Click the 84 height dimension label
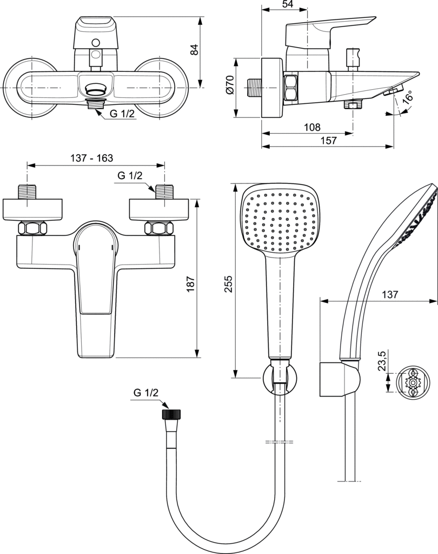point(194,49)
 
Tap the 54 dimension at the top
point(288,4)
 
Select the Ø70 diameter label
point(230,85)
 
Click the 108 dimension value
point(312,127)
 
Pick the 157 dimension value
point(328,140)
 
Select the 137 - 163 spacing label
point(92,158)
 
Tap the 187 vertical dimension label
point(190,284)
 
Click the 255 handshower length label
point(229,283)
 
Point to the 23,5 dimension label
point(382,360)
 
